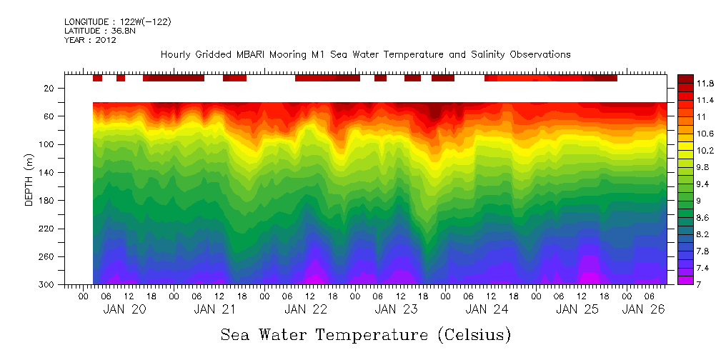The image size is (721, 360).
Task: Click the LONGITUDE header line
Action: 117,22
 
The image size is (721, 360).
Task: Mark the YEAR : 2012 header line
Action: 90,40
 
